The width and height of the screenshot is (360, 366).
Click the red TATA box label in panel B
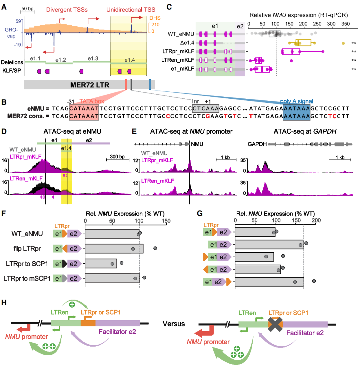[92, 101]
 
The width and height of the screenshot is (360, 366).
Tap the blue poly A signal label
[296, 101]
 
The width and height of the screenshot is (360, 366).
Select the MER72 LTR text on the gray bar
[90, 85]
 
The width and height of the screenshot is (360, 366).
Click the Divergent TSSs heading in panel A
[67, 10]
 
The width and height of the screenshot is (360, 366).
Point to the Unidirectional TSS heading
[131, 10]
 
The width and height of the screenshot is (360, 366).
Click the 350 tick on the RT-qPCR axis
[345, 24]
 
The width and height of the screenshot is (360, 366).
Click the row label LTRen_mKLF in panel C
[178, 60]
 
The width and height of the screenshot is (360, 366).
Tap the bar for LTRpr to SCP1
[101, 264]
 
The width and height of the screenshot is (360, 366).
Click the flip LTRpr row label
[27, 249]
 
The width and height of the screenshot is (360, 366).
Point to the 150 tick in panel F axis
[166, 221]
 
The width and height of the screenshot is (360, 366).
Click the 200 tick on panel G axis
[316, 220]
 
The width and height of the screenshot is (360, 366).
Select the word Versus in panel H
[173, 324]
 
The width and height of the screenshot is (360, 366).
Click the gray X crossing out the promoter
[275, 324]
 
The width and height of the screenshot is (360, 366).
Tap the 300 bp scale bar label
[117, 156]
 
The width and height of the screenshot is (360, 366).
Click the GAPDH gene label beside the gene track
[257, 144]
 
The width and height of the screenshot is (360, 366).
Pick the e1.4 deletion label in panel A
[129, 60]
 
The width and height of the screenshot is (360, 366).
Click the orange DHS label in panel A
[155, 18]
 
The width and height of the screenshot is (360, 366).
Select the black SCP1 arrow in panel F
[65, 264]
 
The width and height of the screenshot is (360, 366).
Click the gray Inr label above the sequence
[195, 101]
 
